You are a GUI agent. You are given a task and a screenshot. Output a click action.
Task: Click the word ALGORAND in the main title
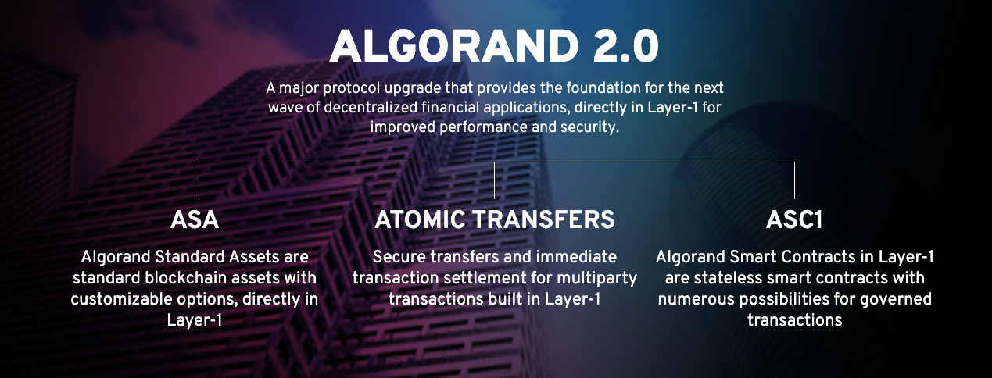(x=454, y=47)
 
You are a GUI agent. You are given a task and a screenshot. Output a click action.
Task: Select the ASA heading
(x=195, y=219)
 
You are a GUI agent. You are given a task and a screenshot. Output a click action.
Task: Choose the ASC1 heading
(x=794, y=219)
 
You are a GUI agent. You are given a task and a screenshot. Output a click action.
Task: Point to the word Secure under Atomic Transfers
(x=399, y=257)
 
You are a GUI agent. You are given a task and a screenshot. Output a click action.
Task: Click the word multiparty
(x=596, y=279)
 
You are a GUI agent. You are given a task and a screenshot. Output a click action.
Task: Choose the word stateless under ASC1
(x=719, y=278)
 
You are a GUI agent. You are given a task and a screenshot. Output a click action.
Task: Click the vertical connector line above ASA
(x=195, y=180)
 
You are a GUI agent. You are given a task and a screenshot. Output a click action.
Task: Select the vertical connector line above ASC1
(x=794, y=180)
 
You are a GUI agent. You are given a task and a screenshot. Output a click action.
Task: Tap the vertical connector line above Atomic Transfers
(x=494, y=180)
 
